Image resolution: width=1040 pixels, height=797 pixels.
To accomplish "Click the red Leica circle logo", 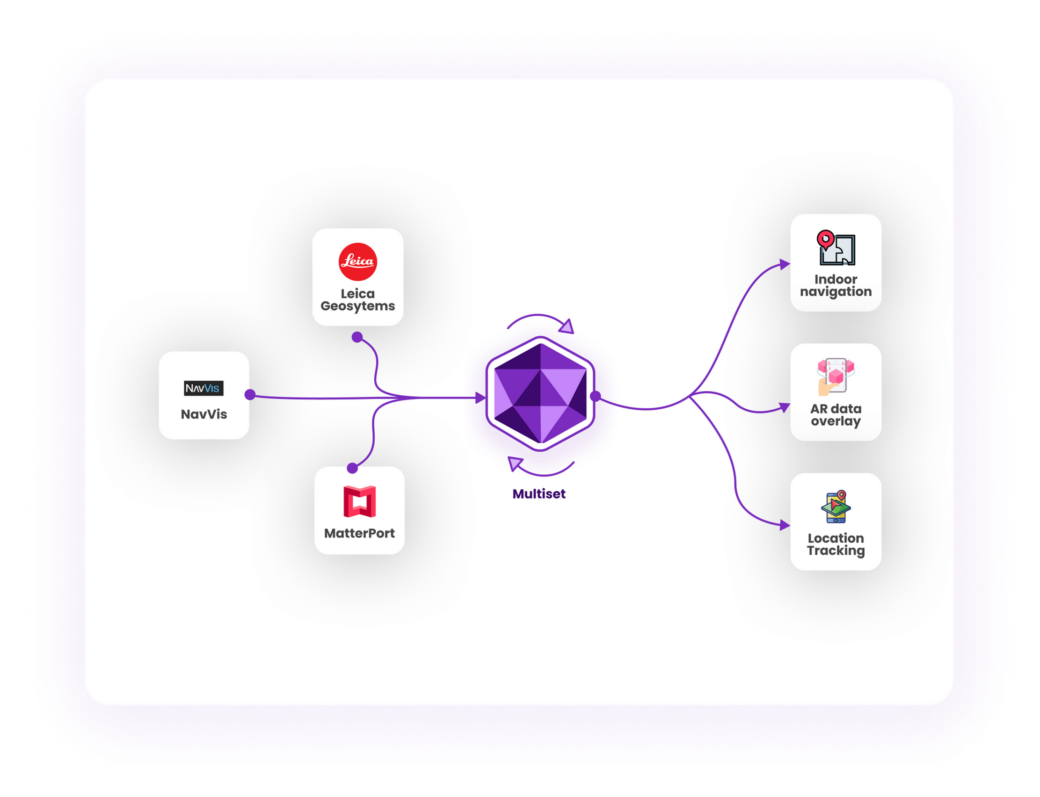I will point(358,261).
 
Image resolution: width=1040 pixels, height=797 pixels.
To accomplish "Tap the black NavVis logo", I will point(204,388).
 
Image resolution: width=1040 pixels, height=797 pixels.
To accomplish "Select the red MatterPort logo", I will point(360,501).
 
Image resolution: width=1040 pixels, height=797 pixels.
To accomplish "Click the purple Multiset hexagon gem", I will point(540,394).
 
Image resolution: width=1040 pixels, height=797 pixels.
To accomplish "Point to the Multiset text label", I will point(539,494).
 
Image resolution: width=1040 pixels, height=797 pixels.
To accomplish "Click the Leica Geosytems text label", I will point(358,300).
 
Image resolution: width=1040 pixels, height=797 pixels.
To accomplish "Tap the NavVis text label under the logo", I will point(204,414).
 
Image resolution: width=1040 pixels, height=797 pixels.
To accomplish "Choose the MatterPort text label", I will point(359,533).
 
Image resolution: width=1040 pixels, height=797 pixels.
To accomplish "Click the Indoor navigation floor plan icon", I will point(836,247).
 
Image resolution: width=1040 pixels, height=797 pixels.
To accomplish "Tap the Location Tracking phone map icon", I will point(836,506).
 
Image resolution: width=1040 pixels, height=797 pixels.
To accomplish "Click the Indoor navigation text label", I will point(836,285).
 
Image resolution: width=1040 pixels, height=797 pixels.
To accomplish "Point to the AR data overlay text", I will point(836,414).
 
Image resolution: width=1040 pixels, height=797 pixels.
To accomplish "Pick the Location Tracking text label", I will point(836,544).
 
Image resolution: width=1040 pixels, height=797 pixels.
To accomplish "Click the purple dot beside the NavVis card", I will point(250,395).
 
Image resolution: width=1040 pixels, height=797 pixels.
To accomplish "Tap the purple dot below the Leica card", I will point(357,337).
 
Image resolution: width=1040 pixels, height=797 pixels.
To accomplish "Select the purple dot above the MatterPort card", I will point(352,468).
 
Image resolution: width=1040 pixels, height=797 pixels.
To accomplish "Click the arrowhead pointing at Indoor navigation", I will point(785,264).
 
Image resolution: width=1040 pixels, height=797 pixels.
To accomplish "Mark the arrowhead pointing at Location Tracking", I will point(785,525).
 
